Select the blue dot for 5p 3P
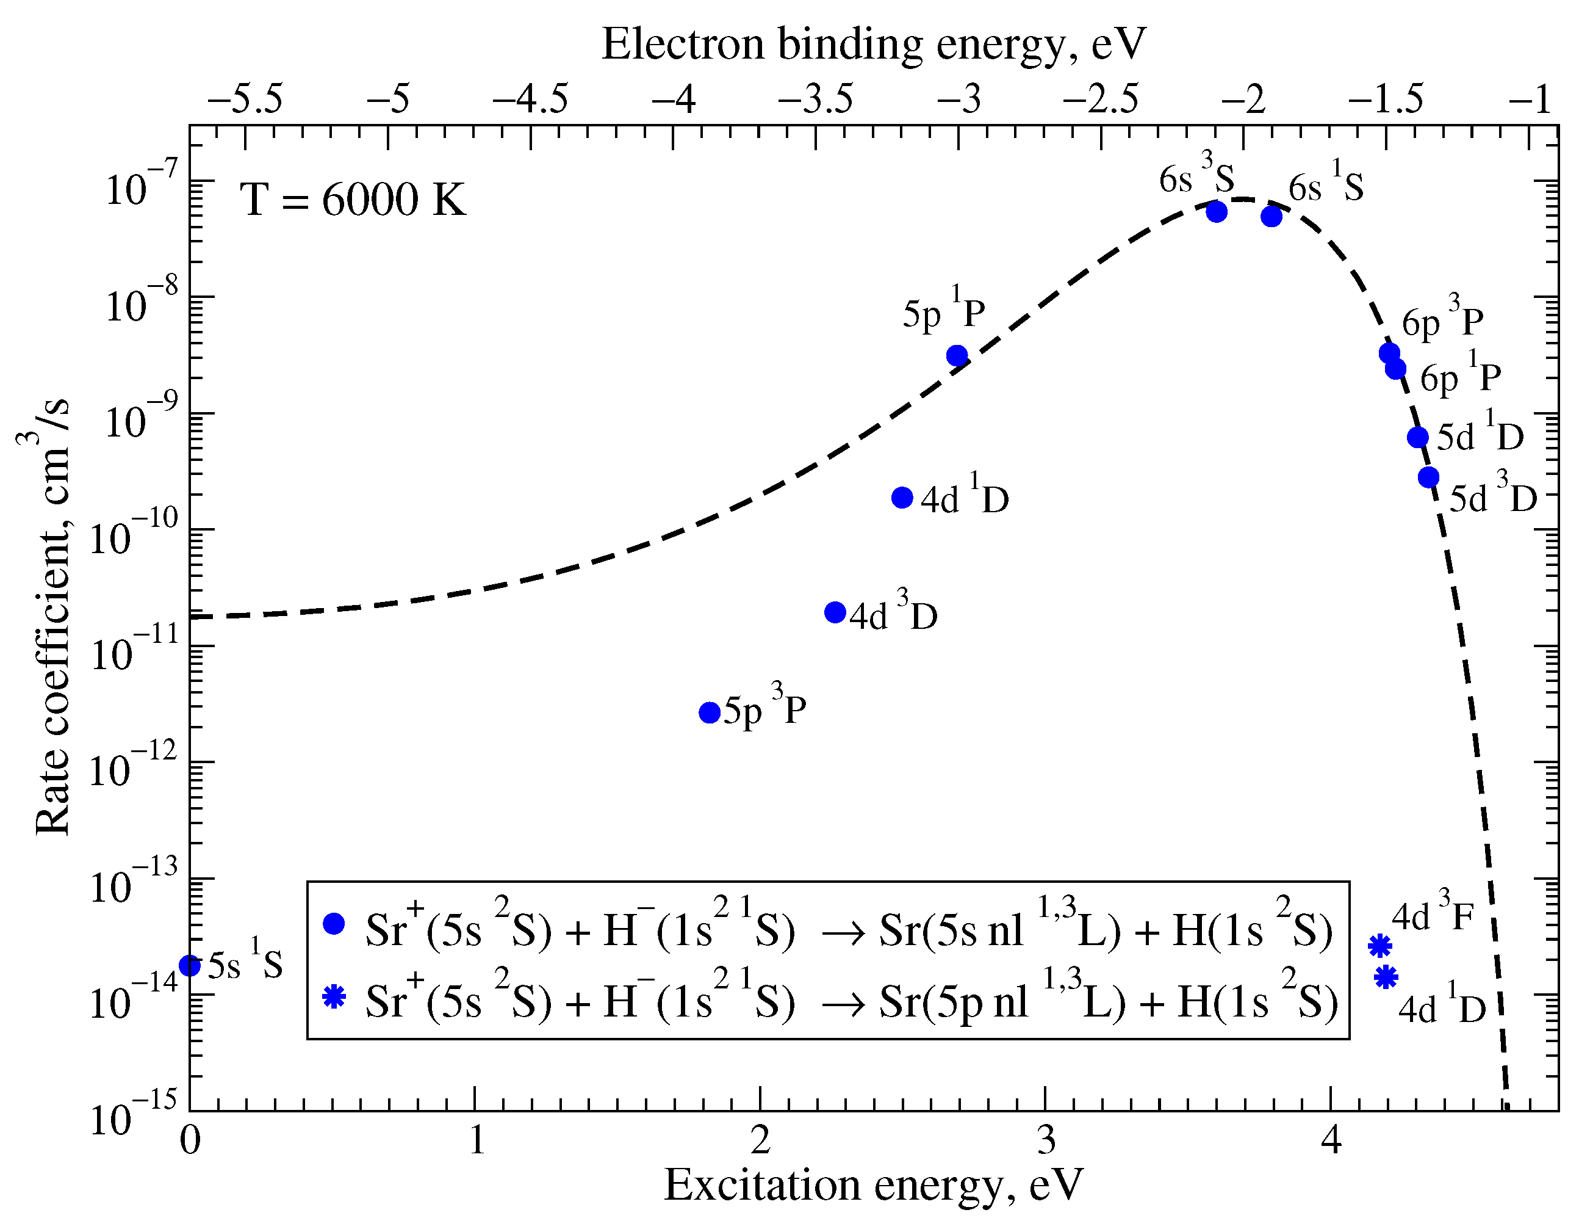[x=710, y=712]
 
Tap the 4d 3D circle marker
[x=835, y=612]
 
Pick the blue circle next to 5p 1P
[x=957, y=356]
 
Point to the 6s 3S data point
[x=1217, y=211]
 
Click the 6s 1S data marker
[x=1271, y=216]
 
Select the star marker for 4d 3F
[x=1380, y=945]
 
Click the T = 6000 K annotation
[x=353, y=200]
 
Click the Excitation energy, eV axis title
[x=873, y=1185]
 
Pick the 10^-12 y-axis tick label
[x=132, y=771]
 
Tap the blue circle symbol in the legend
[x=334, y=924]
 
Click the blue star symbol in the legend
[x=334, y=998]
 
